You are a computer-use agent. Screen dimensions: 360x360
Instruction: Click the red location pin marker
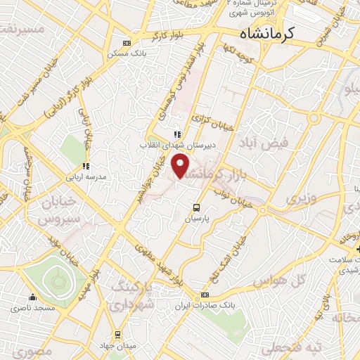pyautogui.click(x=182, y=167)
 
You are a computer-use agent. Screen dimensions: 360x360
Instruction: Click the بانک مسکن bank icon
pyautogui.click(x=126, y=43)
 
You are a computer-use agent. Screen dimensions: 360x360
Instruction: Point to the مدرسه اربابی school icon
pyautogui.click(x=86, y=167)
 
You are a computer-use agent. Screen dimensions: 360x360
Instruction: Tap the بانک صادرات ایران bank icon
pyautogui.click(x=205, y=295)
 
